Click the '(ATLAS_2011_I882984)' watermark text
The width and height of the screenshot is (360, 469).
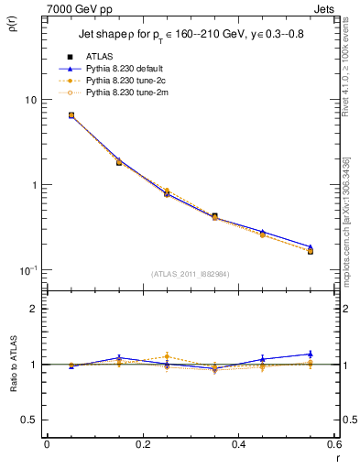190,274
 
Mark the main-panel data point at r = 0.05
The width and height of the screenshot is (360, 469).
71,115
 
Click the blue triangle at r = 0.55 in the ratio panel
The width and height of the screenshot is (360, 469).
310,354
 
